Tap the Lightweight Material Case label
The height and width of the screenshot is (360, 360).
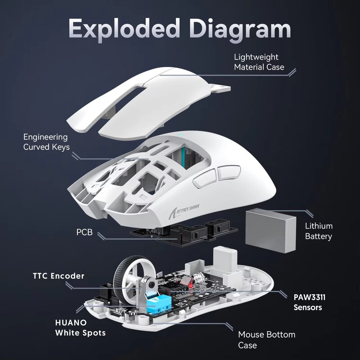click(259, 62)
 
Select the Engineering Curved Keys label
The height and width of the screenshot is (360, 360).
click(46, 142)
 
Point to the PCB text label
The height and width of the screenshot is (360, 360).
click(84, 233)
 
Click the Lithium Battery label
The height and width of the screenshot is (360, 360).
click(319, 231)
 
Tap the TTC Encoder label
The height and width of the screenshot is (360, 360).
click(58, 276)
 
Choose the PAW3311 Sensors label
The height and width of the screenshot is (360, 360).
click(309, 302)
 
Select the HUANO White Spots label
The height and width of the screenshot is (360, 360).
click(80, 328)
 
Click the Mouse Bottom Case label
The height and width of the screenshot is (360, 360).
click(266, 340)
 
